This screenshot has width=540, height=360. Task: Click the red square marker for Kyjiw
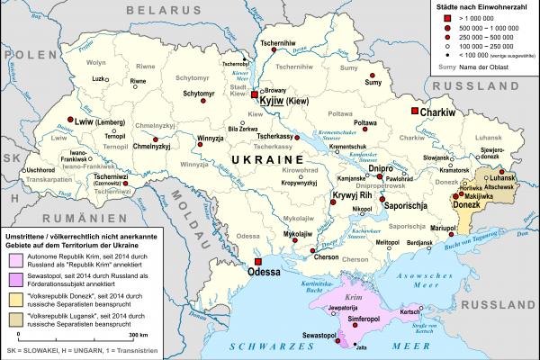[x=255, y=94]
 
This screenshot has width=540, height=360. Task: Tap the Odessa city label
[x=265, y=269]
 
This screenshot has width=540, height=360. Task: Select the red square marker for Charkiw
[x=415, y=111]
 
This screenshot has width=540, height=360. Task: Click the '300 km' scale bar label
[x=138, y=334]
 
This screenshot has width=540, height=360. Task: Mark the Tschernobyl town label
[x=236, y=64]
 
